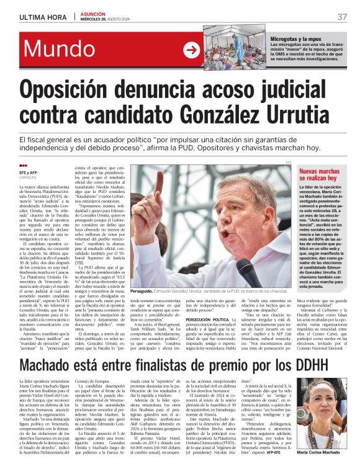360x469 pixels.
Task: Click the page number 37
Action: (x=342, y=16)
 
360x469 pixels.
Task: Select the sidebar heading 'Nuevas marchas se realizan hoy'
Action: (x=322, y=174)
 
